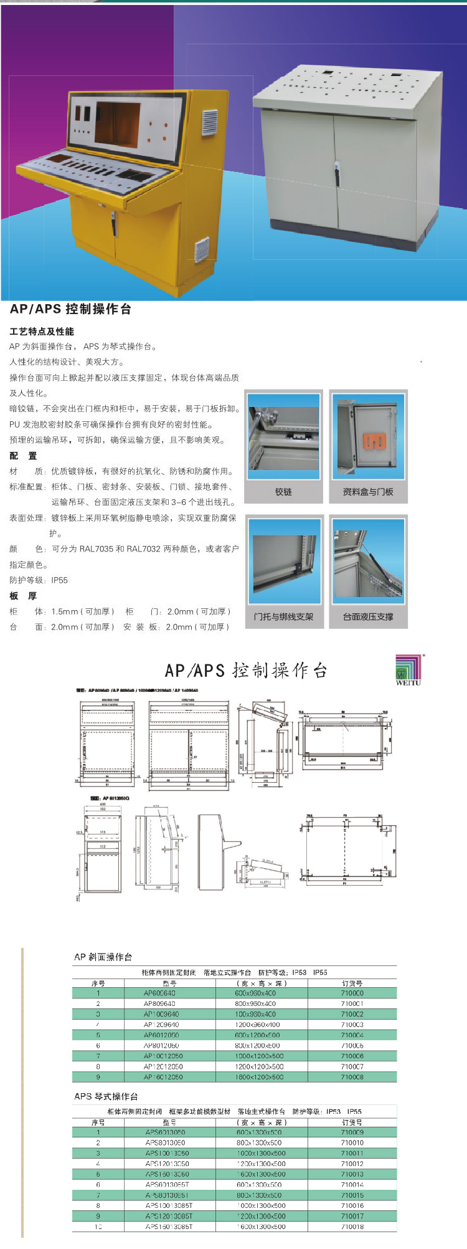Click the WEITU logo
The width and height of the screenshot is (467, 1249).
click(x=408, y=670)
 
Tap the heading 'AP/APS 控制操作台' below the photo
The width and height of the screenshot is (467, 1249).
click(x=70, y=309)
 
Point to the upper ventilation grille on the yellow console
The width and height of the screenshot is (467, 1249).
click(x=210, y=122)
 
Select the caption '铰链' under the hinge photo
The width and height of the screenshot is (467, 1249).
click(x=283, y=492)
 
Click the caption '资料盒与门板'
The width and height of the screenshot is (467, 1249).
click(x=368, y=492)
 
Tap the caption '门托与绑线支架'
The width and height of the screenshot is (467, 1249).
click(x=283, y=616)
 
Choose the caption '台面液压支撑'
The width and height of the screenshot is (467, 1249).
click(x=368, y=616)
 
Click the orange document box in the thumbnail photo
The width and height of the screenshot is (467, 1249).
click(x=374, y=441)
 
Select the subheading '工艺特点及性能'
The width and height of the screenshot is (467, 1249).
click(x=42, y=332)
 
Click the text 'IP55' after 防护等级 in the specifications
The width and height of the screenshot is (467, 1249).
click(x=60, y=580)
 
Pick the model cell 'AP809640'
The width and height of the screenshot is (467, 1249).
click(x=159, y=1004)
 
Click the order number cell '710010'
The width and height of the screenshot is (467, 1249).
click(x=352, y=1143)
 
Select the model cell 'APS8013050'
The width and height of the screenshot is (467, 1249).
click(x=165, y=1143)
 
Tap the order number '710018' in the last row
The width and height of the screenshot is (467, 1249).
click(x=352, y=1227)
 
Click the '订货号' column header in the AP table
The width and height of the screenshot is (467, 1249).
click(x=352, y=983)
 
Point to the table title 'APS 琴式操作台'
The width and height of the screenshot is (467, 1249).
click(x=106, y=1096)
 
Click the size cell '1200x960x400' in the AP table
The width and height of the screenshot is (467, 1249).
click(x=257, y=1025)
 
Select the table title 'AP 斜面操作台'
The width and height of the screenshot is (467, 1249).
click(x=103, y=957)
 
